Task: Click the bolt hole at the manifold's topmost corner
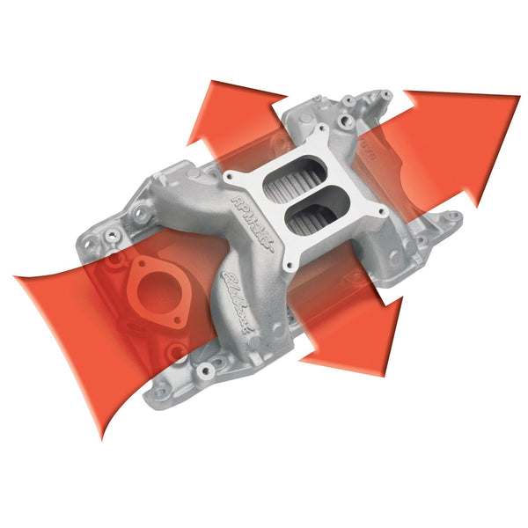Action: [385, 92]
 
